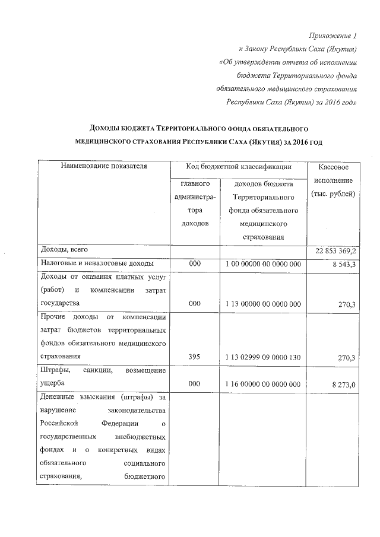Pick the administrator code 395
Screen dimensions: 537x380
194,357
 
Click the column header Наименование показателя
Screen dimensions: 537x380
103,167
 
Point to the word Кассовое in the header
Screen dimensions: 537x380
332,168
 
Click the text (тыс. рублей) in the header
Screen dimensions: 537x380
332,195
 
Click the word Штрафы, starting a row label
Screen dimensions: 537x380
55,371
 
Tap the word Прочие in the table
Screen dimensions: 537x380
55,317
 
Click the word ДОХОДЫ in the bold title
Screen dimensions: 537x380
108,128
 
